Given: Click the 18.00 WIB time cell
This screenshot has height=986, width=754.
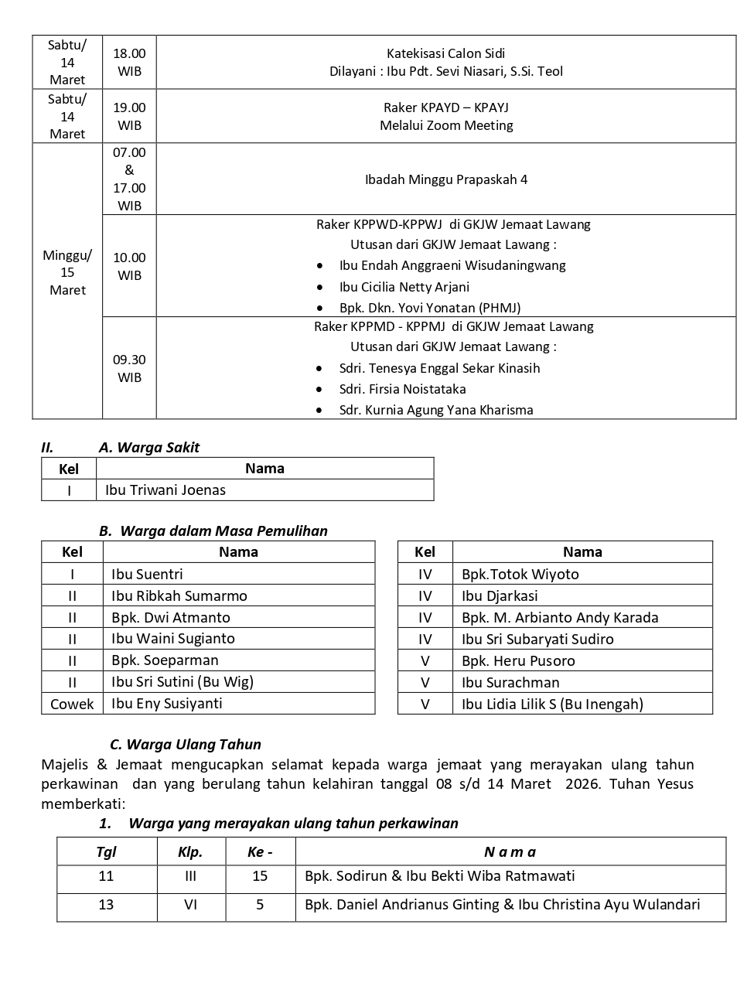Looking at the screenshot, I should click(x=129, y=62).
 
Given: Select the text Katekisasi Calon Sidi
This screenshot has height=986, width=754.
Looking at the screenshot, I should click(x=445, y=53).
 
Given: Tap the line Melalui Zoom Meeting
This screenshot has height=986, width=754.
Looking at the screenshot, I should click(x=446, y=125).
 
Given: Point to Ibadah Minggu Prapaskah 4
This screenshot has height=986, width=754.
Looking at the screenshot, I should click(x=446, y=179).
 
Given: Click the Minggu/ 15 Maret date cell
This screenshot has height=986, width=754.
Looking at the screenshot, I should click(x=67, y=273).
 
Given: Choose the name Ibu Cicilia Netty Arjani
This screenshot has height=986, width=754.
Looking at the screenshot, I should click(x=404, y=287).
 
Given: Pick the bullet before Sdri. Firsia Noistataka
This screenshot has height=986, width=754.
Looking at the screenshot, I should click(x=320, y=390).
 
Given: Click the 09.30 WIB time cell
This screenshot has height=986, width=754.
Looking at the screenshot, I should click(x=129, y=368).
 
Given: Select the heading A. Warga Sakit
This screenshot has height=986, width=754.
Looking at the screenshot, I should click(x=149, y=447).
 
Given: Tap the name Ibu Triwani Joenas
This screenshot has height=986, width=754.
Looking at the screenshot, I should click(x=165, y=490).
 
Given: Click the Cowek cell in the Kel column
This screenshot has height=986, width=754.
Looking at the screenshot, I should click(x=72, y=704).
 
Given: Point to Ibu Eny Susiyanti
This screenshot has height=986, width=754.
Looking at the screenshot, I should click(x=167, y=703).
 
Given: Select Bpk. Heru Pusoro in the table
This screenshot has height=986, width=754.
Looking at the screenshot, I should click(x=518, y=660).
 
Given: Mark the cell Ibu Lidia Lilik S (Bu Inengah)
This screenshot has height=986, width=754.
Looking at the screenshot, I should click(x=552, y=704).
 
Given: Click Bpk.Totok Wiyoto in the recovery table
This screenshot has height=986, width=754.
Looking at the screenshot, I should click(x=520, y=574).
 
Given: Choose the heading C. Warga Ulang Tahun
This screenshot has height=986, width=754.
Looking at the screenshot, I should click(x=186, y=744).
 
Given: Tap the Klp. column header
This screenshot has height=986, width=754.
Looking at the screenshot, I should click(x=190, y=851).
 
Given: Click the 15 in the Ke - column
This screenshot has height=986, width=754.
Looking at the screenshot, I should click(x=260, y=876).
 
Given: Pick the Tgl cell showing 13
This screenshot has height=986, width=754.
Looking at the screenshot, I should click(x=106, y=904).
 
